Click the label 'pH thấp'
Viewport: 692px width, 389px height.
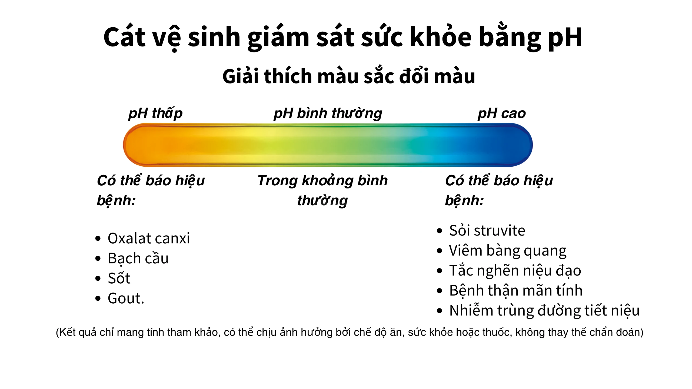point(155,113)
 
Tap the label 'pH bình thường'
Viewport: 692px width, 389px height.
point(328,113)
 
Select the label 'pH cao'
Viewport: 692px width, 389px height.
point(502,113)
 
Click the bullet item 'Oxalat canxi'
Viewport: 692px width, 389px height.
point(149,238)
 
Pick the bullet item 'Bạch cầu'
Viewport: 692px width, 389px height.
point(138,258)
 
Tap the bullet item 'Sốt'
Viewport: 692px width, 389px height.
point(119,278)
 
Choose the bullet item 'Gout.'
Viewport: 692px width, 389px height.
point(126,298)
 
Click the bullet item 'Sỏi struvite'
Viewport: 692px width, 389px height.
point(487,230)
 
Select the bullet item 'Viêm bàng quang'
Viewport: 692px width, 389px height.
point(508,250)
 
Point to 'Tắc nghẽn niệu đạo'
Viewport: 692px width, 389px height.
point(515,270)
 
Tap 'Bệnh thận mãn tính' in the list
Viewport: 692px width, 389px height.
point(516,290)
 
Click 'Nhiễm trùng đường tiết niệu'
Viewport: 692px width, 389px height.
point(544,310)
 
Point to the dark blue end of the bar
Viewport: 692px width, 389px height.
point(516,145)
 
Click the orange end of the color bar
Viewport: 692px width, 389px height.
point(139,145)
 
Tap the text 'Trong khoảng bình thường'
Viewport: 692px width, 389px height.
point(322,190)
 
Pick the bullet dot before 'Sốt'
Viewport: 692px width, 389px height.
point(98,279)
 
